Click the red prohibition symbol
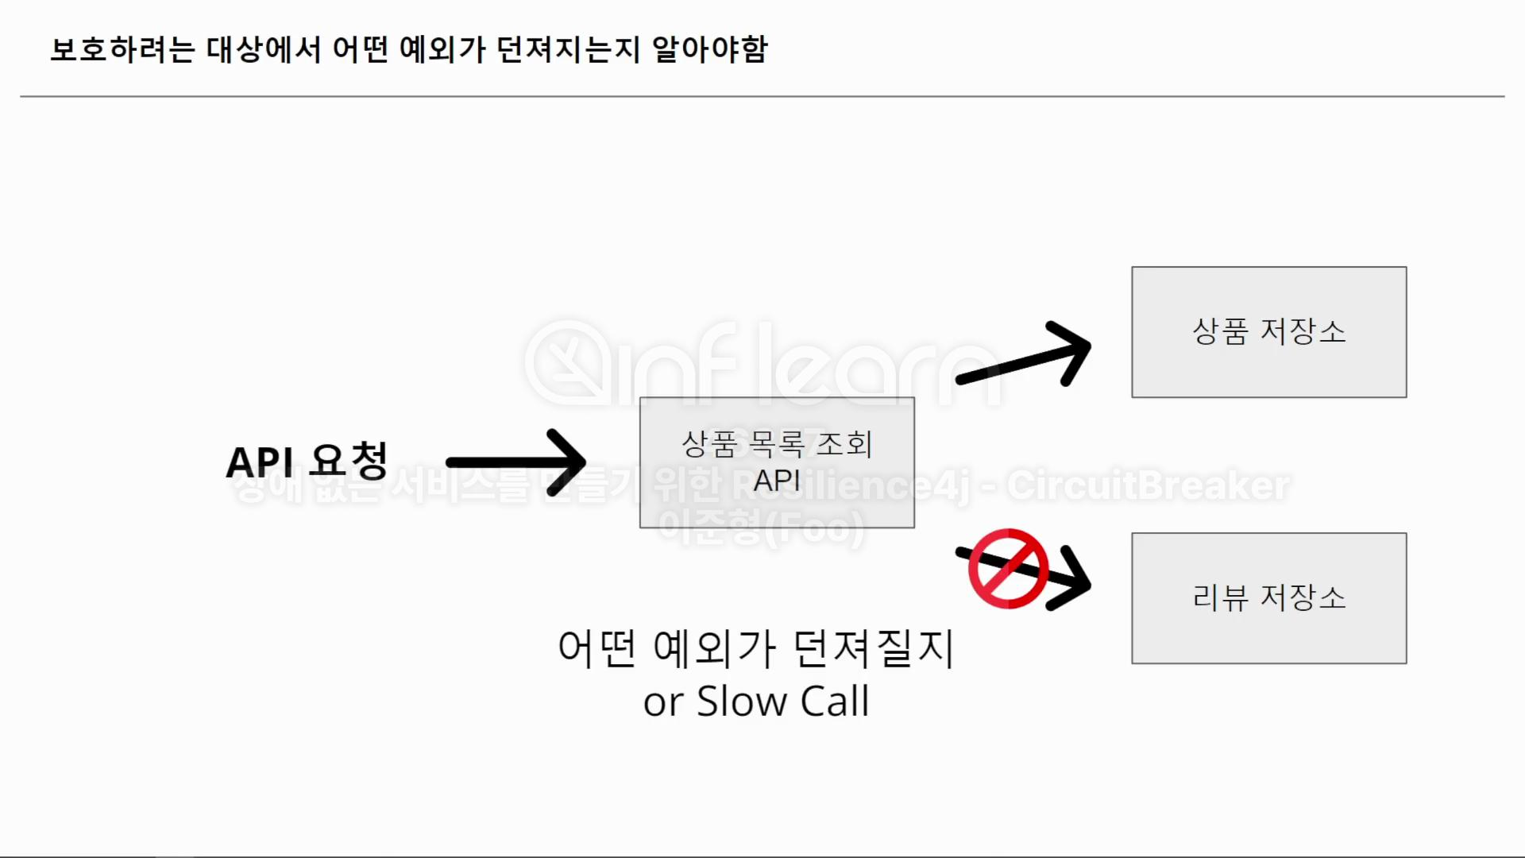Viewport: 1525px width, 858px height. tap(1008, 568)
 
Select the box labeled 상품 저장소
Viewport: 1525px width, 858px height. tap(1268, 332)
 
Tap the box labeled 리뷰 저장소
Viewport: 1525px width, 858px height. tap(1268, 598)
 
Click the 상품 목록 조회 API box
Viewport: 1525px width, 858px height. tap(777, 462)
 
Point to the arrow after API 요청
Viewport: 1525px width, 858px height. tap(516, 462)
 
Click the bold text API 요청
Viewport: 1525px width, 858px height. tap(307, 462)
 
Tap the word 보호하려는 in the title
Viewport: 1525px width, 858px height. tap(122, 49)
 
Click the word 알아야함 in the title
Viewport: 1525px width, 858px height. tap(709, 49)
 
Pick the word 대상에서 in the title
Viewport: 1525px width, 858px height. tap(264, 49)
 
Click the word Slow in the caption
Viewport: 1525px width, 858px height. tap(741, 701)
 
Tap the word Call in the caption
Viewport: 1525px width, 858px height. tap(834, 701)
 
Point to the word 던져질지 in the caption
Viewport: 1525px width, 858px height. tap(874, 648)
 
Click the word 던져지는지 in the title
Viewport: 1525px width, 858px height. tap(568, 49)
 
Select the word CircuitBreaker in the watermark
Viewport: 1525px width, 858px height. tap(1149, 485)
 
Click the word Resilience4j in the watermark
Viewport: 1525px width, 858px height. tap(850, 485)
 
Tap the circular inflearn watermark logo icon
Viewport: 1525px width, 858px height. tap(569, 364)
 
